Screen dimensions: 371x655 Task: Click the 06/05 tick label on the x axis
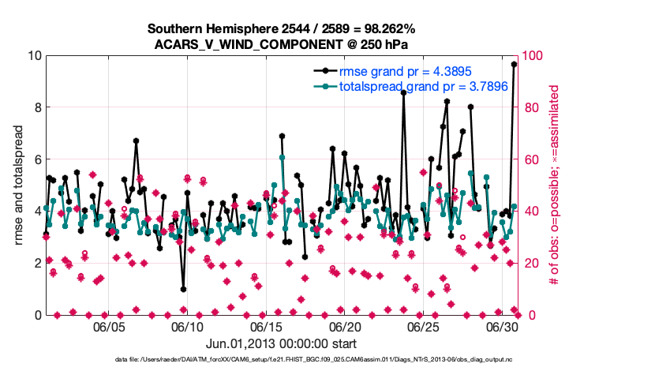(110, 326)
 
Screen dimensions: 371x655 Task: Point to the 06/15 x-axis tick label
(266, 326)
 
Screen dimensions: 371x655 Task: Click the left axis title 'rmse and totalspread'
(19, 185)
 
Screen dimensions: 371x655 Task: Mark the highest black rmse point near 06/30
(515, 65)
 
